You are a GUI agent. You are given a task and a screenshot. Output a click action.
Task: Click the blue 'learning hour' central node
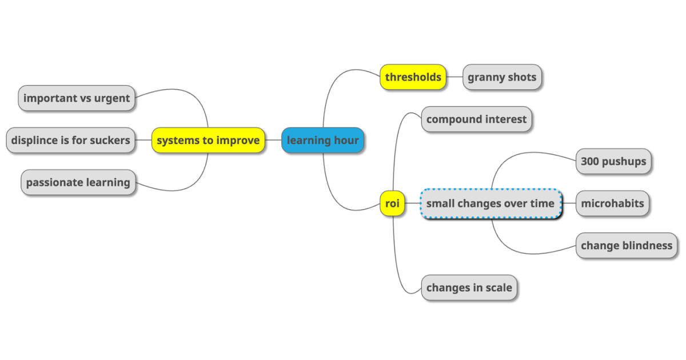[322, 140]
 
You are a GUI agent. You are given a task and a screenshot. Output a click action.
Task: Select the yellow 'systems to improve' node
[208, 140]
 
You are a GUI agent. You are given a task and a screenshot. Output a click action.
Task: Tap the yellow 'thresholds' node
[413, 77]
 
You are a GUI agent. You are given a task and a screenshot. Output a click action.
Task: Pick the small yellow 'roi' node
[392, 203]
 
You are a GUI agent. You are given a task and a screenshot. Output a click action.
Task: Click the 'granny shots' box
[502, 77]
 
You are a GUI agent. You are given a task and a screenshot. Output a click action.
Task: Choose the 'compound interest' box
[476, 119]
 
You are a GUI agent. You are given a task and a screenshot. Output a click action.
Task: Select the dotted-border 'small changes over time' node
[490, 203]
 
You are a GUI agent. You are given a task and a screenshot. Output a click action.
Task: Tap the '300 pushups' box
[613, 161]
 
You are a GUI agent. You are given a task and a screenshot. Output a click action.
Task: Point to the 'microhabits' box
[612, 203]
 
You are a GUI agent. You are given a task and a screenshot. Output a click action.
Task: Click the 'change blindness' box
[627, 246]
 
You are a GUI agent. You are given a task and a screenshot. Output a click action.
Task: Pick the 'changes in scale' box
[469, 288]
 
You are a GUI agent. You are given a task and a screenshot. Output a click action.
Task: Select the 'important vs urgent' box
[77, 98]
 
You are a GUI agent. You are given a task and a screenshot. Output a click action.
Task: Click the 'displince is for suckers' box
[71, 140]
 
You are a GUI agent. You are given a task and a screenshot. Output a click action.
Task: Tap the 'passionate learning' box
[78, 183]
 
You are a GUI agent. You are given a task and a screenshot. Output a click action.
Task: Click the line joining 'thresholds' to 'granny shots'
[454, 77]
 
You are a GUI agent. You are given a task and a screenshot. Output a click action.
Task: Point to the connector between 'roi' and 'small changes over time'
[413, 203]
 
